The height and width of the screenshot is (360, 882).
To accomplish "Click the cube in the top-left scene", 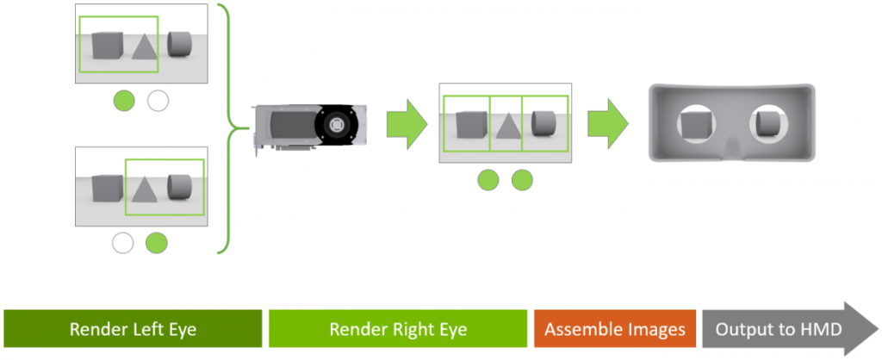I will [108, 45].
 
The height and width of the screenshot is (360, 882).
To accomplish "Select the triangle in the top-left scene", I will [146, 47].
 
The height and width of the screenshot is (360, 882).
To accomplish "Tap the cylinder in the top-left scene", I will [180, 43].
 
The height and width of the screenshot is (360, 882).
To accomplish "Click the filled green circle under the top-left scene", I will [124, 101].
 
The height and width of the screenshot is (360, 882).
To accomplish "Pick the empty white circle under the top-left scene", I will [158, 101].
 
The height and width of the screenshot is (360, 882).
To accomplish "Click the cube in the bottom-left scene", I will [108, 187].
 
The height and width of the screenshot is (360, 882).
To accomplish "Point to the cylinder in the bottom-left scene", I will [180, 186].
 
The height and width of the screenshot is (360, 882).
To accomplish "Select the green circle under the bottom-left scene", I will [157, 243].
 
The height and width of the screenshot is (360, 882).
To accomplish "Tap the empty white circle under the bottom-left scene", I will [122, 243].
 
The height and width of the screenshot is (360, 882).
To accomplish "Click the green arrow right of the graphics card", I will [407, 122].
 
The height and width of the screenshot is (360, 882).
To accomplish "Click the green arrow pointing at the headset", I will [609, 122].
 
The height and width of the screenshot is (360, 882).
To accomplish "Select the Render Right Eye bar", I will [397, 329].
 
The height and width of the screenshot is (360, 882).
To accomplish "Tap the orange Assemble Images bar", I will [615, 329].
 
